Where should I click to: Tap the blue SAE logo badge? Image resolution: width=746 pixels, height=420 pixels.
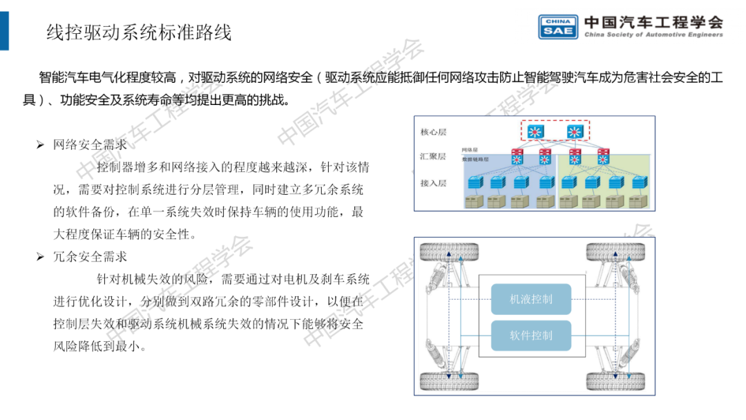[558, 26]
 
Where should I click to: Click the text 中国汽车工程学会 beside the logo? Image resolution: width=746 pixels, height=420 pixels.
[653, 21]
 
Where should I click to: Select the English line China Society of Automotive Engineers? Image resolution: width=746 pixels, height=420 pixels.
[653, 35]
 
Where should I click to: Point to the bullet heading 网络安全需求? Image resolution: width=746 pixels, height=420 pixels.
[90, 145]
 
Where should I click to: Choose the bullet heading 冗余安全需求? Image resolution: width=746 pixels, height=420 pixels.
[90, 257]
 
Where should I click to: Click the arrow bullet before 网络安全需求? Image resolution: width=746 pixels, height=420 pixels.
[40, 145]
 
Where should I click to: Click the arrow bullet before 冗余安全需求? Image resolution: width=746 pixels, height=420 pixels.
[40, 257]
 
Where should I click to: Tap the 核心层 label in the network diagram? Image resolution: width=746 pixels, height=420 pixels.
[434, 131]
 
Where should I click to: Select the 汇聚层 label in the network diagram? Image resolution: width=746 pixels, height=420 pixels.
[434, 157]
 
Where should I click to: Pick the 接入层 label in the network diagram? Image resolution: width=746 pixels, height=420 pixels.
[434, 183]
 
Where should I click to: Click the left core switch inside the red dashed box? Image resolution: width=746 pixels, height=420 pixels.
[535, 131]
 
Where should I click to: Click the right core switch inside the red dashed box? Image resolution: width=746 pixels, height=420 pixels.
[575, 131]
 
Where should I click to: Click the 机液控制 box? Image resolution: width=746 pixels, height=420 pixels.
[531, 300]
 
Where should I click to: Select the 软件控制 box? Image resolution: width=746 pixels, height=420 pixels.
[531, 336]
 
